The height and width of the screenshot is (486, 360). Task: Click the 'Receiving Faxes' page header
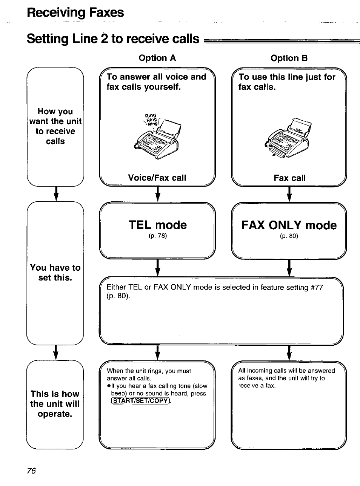click(75, 13)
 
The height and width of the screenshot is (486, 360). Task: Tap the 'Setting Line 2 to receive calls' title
click(113, 39)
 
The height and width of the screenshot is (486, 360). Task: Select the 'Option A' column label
click(157, 58)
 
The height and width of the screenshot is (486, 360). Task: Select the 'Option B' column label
click(289, 58)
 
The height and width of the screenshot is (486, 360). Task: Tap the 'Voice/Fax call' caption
click(157, 178)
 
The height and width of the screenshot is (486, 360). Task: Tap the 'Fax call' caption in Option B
click(289, 178)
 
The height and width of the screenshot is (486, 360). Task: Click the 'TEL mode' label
click(158, 225)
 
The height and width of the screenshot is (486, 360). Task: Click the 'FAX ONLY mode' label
click(289, 225)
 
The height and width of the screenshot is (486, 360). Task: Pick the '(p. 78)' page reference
click(158, 236)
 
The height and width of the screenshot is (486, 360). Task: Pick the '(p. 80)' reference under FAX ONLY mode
click(289, 236)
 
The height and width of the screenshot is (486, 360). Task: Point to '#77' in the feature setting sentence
click(317, 287)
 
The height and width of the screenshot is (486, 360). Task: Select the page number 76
click(31, 471)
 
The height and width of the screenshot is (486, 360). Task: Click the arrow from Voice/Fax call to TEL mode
click(158, 194)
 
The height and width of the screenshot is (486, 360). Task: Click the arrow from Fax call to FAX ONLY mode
click(289, 194)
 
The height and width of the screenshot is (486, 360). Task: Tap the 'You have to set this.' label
click(55, 273)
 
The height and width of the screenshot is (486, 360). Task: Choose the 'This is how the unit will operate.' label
click(55, 404)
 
